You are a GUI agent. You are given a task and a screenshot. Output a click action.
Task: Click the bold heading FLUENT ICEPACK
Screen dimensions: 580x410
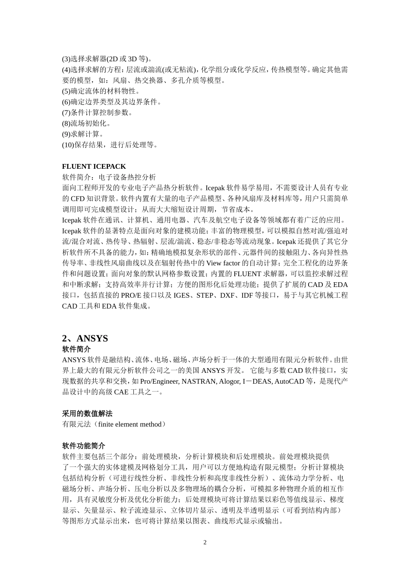click(x=94, y=166)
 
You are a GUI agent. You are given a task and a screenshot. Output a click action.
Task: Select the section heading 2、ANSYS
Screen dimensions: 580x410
click(x=85, y=338)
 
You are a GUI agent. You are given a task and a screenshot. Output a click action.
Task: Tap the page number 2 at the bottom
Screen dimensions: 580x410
click(x=205, y=542)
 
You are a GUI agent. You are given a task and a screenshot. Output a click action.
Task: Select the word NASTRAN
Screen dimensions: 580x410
click(x=199, y=381)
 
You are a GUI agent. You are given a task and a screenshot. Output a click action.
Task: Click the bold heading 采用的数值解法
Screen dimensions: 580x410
click(x=87, y=413)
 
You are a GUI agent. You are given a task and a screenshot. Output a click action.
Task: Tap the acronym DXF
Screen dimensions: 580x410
click(x=228, y=295)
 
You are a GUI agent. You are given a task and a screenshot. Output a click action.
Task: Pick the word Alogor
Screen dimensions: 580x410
click(x=229, y=381)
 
